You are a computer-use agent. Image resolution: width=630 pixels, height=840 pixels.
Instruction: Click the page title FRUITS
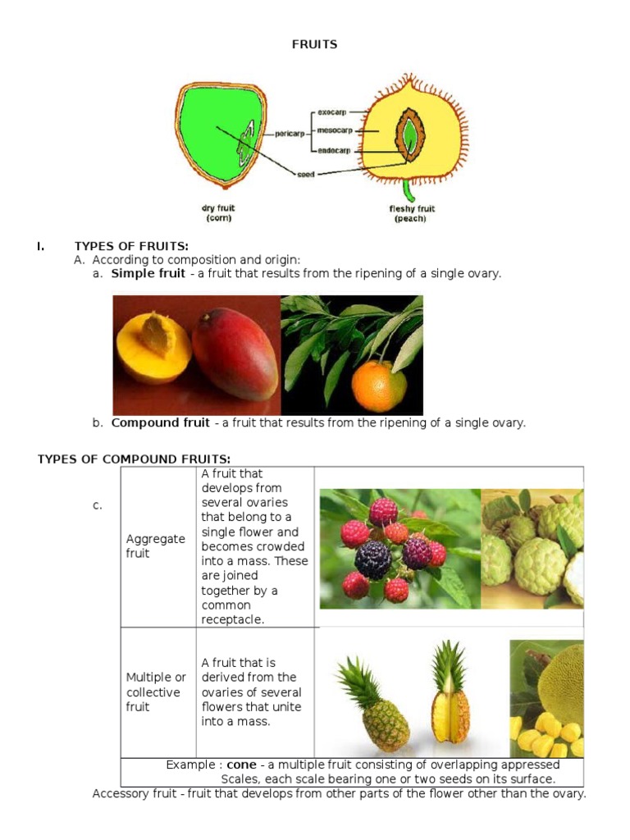point(314,44)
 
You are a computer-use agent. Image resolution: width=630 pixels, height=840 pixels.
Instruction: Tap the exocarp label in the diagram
point(331,112)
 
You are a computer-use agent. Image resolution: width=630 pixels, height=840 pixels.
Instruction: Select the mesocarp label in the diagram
point(334,130)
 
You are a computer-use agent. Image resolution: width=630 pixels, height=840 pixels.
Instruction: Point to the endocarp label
point(334,150)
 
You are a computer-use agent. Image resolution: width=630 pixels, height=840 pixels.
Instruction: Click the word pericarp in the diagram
point(290,131)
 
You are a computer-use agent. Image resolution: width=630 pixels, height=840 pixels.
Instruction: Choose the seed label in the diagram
point(304,174)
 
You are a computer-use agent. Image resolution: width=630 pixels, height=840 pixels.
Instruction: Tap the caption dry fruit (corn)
point(217,213)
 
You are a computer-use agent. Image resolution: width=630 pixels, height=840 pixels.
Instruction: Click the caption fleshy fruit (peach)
point(412,214)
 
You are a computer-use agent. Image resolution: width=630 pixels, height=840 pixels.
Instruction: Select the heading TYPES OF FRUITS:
point(131,246)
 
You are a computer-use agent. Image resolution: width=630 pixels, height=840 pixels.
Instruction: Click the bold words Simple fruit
point(148,273)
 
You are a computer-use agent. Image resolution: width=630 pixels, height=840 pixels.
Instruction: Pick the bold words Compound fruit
point(160,422)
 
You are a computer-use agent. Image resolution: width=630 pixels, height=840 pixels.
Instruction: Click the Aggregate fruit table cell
point(156,546)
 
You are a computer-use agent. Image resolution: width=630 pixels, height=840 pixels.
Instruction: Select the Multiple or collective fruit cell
point(156,692)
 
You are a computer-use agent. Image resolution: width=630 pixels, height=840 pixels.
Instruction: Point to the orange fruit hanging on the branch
point(378,386)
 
